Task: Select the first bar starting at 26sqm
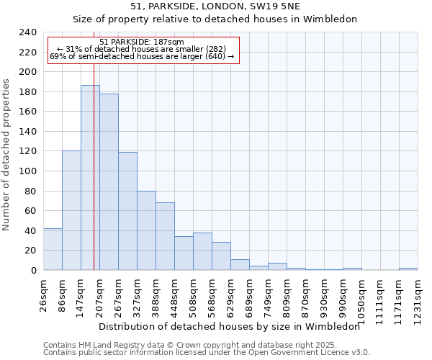[x=53, y=249]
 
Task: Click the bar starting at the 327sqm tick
[x=146, y=230]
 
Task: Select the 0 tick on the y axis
[x=34, y=270]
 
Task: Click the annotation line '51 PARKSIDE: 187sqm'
[x=142, y=42]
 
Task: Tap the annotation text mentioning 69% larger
[x=142, y=56]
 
